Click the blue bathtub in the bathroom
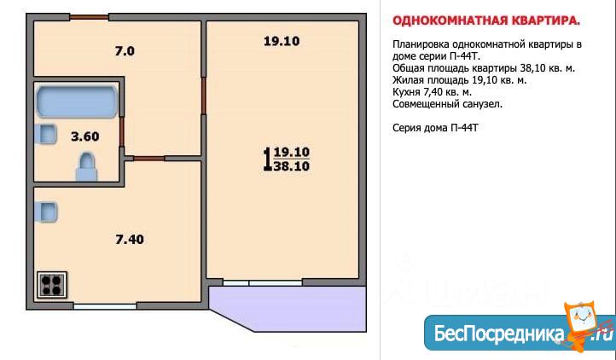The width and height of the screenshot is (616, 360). (77, 102)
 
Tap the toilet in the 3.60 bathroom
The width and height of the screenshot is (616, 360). (86, 166)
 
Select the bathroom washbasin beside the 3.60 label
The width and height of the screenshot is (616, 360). (46, 134)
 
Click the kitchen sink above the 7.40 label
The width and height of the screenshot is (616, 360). (46, 212)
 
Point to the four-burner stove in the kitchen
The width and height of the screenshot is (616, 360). (52, 285)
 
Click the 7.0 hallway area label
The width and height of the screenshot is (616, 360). (125, 51)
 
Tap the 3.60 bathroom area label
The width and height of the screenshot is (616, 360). (84, 136)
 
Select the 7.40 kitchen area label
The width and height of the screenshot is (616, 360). (130, 239)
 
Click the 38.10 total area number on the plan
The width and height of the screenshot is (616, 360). (292, 166)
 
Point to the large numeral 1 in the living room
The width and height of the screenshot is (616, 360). (267, 160)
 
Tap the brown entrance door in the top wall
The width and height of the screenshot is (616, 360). (90, 17)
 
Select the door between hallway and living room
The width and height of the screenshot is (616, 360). (204, 96)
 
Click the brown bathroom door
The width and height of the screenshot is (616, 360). (122, 131)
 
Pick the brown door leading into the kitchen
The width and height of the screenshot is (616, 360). (149, 159)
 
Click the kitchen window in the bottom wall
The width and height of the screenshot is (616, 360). (105, 305)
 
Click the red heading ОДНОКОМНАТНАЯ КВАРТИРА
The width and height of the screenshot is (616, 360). (486, 20)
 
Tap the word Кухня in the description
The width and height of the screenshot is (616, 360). (407, 92)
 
